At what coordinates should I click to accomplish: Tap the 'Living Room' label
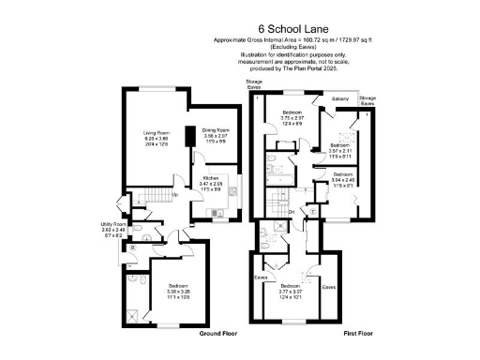(x=157, y=133)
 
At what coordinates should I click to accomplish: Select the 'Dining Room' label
(x=217, y=131)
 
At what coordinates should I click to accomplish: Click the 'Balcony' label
(x=340, y=97)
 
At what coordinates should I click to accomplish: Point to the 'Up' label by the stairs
(x=174, y=194)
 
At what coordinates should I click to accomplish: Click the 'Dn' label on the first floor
(x=292, y=212)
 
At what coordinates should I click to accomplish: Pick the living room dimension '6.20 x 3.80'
(x=157, y=139)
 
